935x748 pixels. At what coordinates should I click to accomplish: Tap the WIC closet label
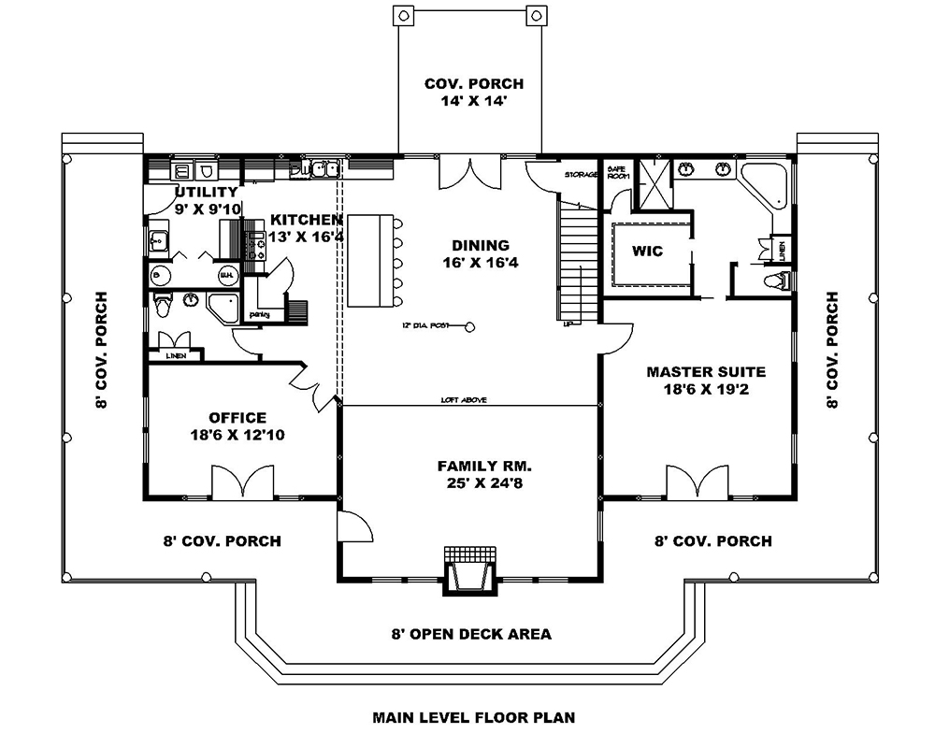(x=647, y=252)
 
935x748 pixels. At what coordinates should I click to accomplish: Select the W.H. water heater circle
(x=226, y=276)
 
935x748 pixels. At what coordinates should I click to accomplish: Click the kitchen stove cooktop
(x=254, y=244)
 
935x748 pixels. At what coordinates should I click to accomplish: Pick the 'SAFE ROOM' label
(x=618, y=173)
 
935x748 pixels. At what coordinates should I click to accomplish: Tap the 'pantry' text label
(x=260, y=315)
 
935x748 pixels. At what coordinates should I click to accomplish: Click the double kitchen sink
(x=324, y=169)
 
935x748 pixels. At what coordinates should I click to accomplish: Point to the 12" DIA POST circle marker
(x=469, y=326)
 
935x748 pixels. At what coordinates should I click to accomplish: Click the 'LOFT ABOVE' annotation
(x=464, y=400)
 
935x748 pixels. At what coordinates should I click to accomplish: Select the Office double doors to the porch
(x=242, y=483)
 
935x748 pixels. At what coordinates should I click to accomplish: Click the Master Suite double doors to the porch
(x=697, y=483)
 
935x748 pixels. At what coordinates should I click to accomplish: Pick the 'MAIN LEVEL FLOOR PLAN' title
(x=474, y=718)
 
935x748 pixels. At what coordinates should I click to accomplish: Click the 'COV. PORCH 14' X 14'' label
(x=467, y=93)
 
